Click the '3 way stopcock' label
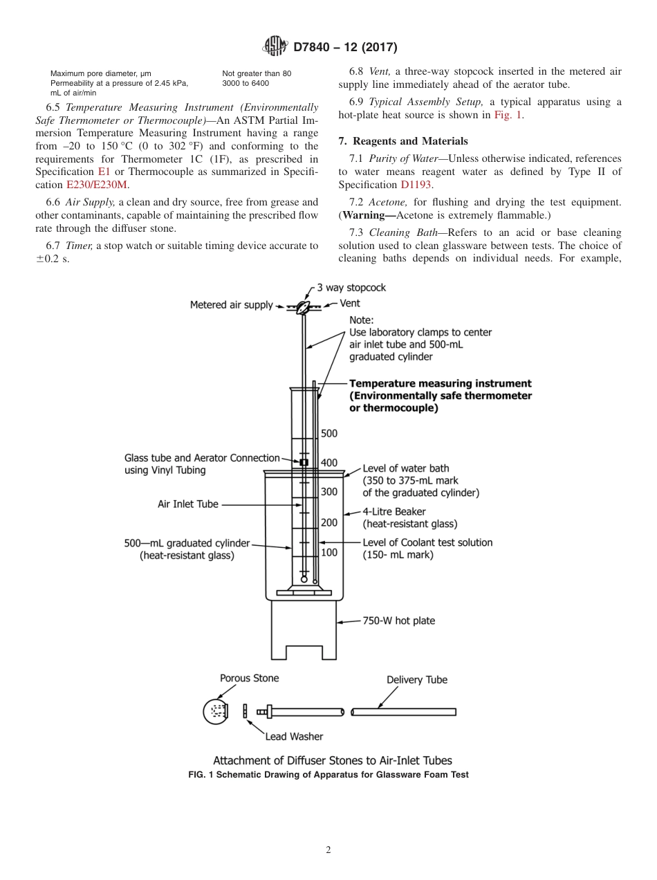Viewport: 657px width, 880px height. [351, 288]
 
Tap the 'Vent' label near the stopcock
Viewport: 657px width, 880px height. [349, 304]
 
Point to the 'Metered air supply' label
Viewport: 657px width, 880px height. [231, 305]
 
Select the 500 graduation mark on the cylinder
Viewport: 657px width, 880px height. [329, 434]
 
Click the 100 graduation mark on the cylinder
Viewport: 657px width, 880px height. [329, 552]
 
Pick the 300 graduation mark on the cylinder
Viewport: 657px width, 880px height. [329, 492]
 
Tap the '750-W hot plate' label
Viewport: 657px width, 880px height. [398, 621]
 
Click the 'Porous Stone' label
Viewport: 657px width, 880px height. [249, 678]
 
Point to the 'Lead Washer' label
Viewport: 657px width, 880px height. [294, 736]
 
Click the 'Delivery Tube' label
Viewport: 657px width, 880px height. [416, 679]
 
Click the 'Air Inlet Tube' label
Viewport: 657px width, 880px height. [187, 504]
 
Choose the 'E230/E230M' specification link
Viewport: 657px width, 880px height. [98, 185]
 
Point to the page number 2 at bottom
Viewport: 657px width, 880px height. [328, 850]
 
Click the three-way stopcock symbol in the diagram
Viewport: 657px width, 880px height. [303, 306]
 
